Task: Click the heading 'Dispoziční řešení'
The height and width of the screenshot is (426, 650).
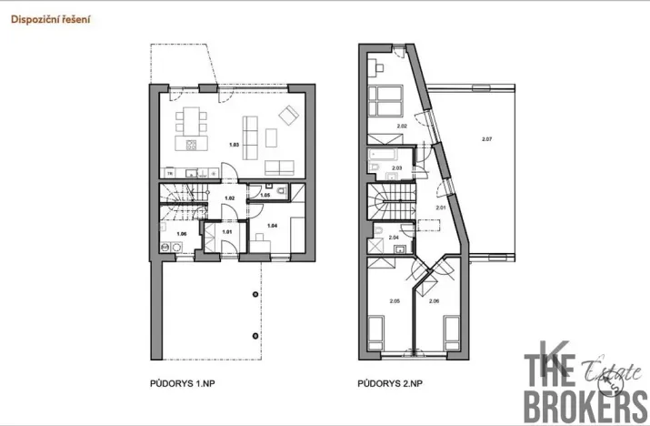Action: [x=51, y=18]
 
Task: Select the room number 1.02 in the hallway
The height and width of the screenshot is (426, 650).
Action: [x=230, y=198]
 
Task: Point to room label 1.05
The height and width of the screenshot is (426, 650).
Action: [x=265, y=196]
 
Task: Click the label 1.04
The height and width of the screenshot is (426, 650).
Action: [x=271, y=223]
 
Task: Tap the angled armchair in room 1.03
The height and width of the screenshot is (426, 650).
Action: [x=288, y=116]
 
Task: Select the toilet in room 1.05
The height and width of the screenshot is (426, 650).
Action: [x=281, y=190]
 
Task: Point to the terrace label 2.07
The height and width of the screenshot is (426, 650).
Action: [x=486, y=138]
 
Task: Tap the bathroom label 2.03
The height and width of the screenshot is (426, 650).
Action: [x=396, y=168]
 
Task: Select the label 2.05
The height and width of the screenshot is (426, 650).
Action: [x=394, y=300]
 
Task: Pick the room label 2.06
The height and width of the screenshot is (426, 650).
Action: [x=433, y=300]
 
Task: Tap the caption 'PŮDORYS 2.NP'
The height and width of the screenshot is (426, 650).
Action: [x=392, y=384]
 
